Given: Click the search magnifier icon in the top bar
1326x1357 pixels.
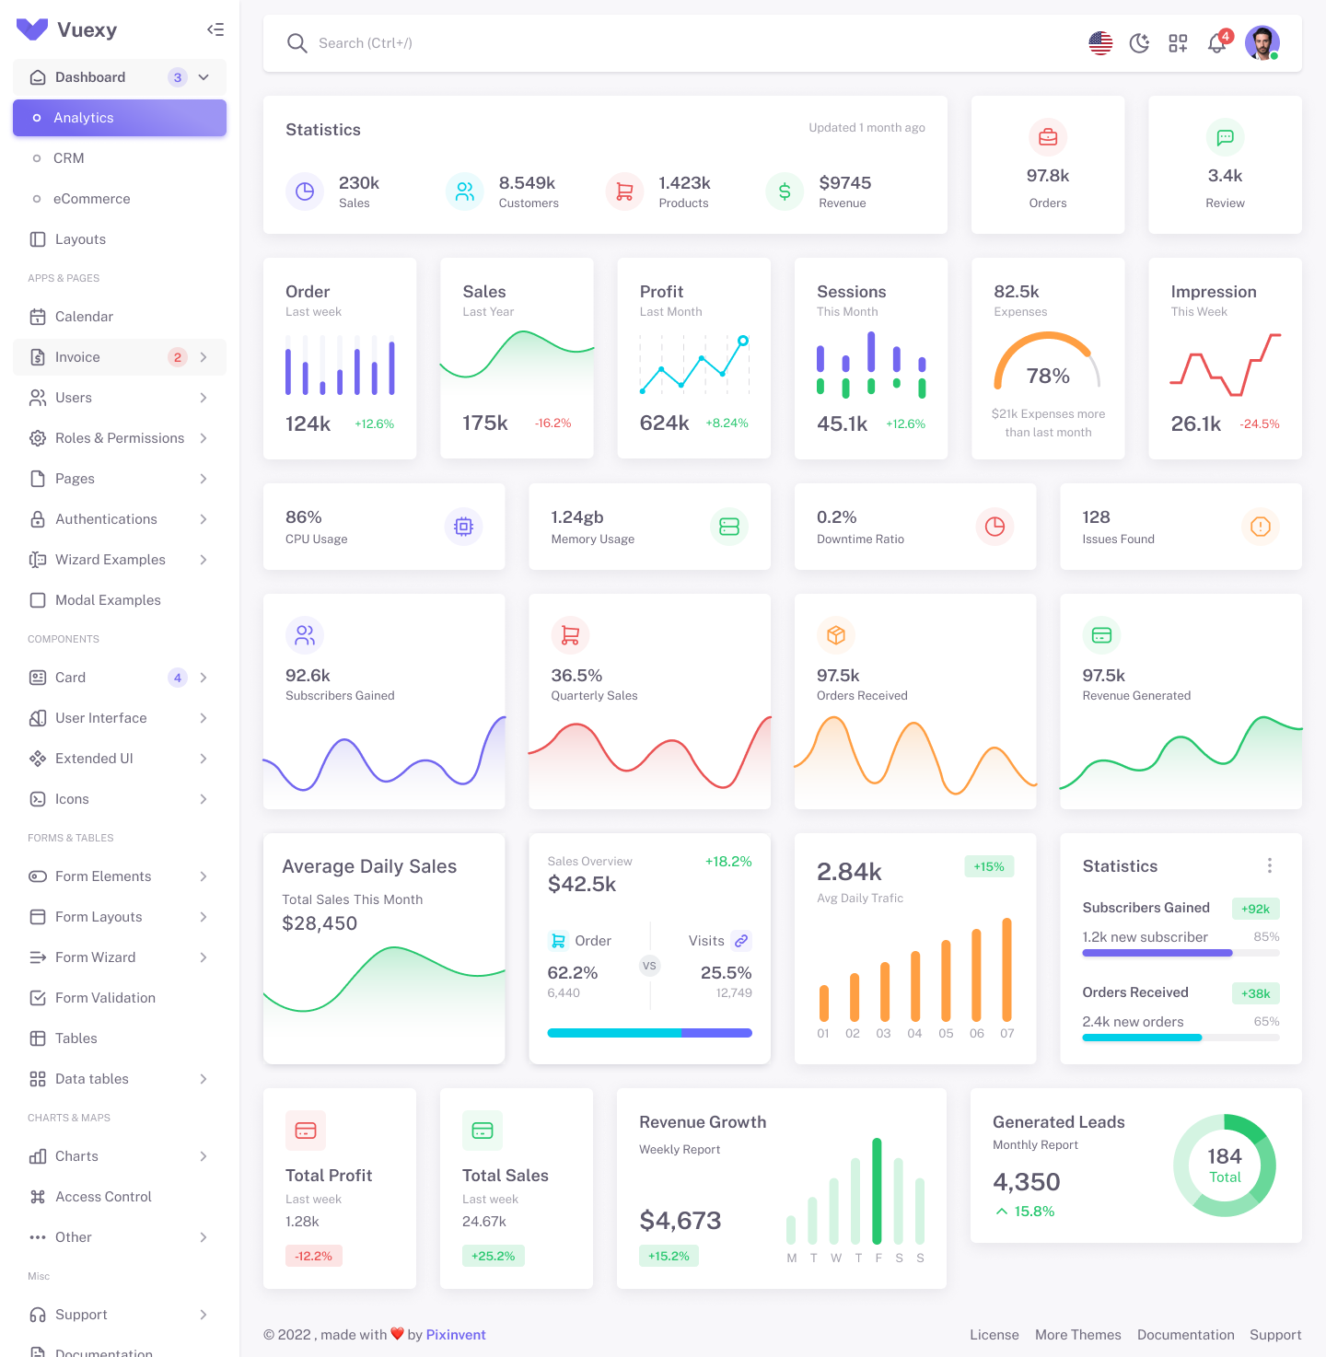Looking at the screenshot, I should coord(297,43).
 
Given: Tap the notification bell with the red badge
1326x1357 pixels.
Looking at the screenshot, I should coord(1216,43).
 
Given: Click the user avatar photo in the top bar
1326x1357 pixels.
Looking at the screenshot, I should coord(1262,42).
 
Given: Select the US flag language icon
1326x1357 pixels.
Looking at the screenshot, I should coord(1100,43).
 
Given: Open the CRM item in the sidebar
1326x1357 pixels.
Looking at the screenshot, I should coord(69,158).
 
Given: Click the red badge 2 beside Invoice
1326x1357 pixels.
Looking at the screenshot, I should coord(178,357).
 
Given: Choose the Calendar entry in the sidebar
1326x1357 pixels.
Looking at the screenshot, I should coord(84,317).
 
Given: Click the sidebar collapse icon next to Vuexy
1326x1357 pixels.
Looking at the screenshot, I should coord(215,29).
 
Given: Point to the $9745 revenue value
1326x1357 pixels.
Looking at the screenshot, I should coord(844,183).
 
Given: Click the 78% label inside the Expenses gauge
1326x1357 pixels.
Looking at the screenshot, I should coord(1048,376).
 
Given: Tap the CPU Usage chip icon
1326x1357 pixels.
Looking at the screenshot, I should coord(464,527).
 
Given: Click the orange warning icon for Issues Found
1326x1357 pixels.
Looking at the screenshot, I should coord(1261,527).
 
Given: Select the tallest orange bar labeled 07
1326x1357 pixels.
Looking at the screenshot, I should coord(1006,969).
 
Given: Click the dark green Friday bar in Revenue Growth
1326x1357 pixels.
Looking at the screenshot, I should coord(877,1191).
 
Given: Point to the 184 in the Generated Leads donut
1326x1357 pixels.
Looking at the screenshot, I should coord(1225,1156).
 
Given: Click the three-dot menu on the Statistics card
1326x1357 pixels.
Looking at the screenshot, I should coord(1270,865).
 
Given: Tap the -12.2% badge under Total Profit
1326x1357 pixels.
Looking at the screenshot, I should coord(313,1256).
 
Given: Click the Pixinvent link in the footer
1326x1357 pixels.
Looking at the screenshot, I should coord(456,1335).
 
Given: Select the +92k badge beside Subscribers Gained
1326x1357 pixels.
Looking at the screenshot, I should coord(1255,909).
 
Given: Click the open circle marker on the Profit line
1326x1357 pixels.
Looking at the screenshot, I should coord(743,341).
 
